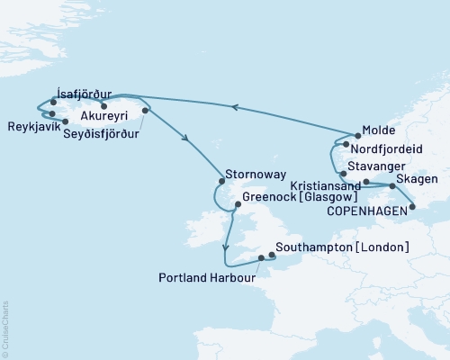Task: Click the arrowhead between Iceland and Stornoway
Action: (x=186, y=139)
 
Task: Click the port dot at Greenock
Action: (x=237, y=204)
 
